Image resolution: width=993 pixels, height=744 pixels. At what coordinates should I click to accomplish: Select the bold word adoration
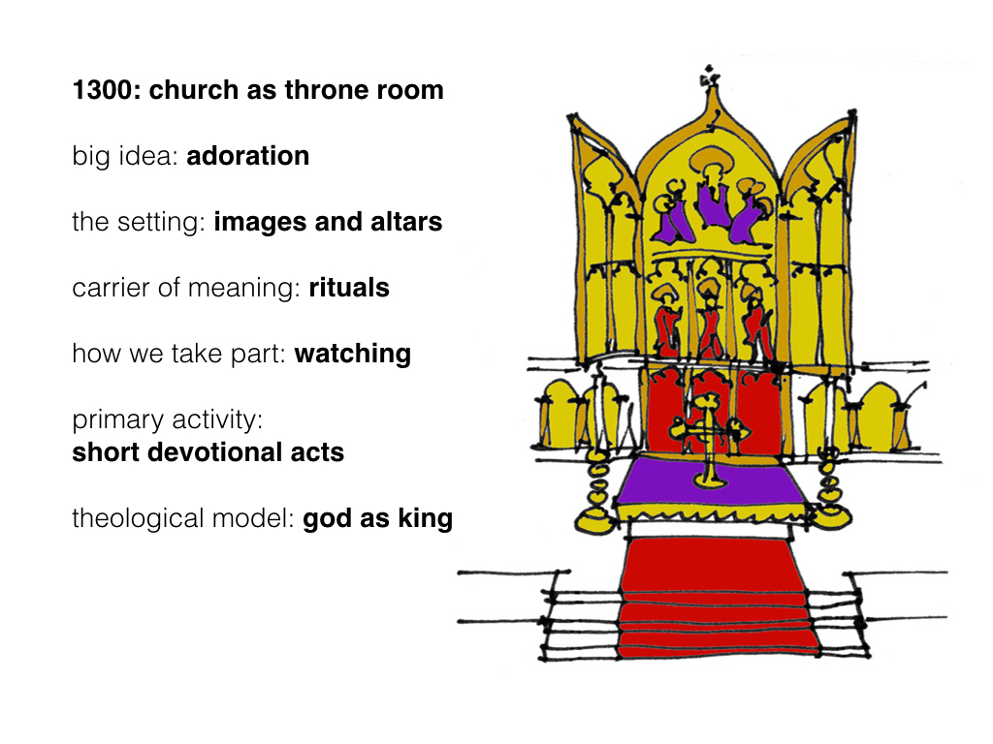(247, 156)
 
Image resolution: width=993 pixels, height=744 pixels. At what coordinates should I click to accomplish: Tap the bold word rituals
(349, 287)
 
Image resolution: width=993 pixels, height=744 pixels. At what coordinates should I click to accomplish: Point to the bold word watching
(353, 355)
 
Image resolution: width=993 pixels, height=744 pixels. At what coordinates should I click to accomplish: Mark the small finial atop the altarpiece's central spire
(709, 77)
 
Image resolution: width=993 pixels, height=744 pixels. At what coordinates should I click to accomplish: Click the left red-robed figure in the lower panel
(666, 323)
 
